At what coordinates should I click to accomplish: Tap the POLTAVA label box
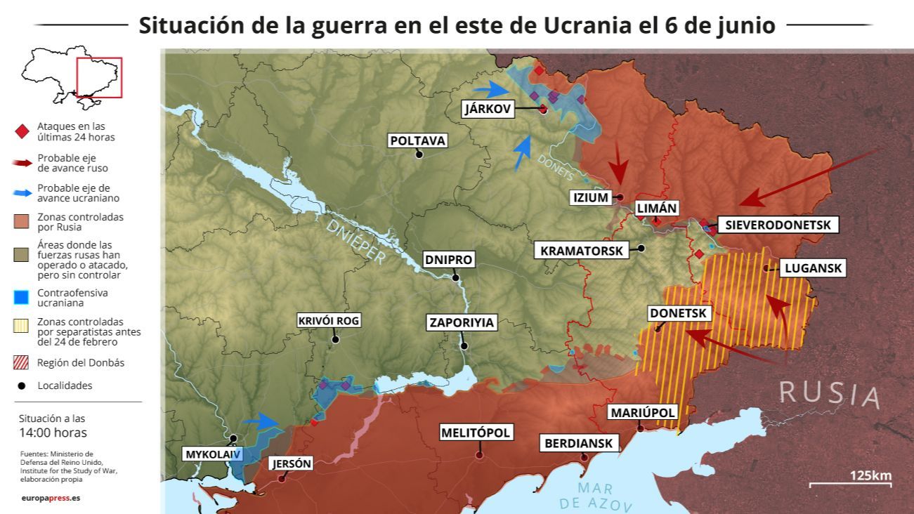tap(418, 140)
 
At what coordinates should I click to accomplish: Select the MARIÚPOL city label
tap(643, 412)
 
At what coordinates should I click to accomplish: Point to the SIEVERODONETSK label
tap(777, 225)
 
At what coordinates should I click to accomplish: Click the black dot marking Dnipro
tap(456, 277)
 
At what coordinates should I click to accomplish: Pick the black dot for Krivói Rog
tap(335, 339)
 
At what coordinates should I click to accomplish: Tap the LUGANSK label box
tap(814, 268)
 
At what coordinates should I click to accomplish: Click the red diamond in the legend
tap(21, 131)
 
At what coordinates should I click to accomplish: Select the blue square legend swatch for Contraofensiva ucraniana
tap(21, 298)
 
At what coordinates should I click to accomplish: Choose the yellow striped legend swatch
tap(21, 326)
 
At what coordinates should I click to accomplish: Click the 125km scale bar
tap(850, 484)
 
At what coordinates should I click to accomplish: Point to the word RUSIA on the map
tap(829, 395)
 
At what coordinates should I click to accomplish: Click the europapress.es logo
tap(51, 498)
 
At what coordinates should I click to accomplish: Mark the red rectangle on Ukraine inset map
tap(99, 77)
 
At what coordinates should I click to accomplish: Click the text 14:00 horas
tap(53, 433)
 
